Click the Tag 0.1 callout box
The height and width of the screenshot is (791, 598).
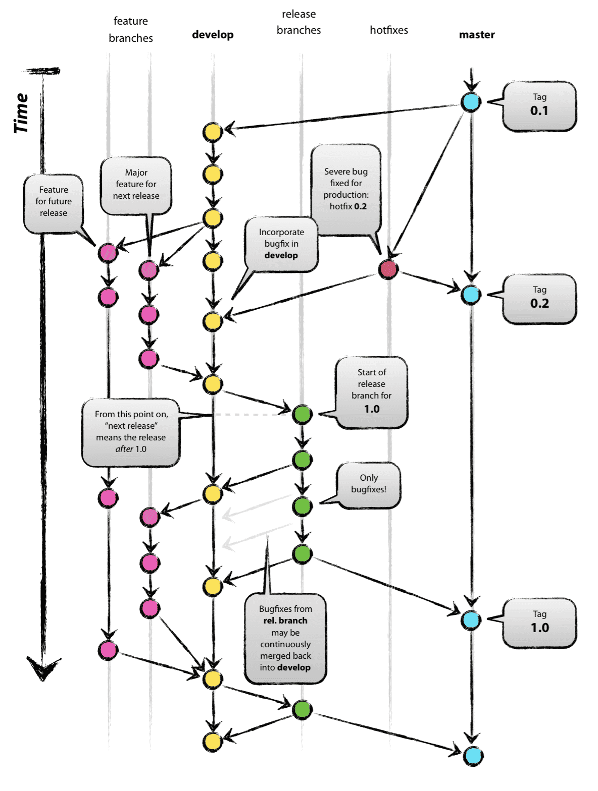(x=539, y=106)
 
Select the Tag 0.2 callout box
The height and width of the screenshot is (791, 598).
(x=539, y=299)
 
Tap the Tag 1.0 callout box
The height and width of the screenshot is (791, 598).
(x=539, y=623)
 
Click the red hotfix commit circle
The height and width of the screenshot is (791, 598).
(x=388, y=269)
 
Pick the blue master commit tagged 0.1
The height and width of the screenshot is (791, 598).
(x=471, y=102)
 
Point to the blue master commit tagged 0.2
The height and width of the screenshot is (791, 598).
(x=471, y=295)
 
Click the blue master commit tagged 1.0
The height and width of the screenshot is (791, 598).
(x=471, y=620)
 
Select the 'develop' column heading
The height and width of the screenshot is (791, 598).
(x=213, y=35)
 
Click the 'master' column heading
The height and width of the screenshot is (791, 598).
(x=476, y=35)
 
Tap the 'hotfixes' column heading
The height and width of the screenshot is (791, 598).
(x=388, y=30)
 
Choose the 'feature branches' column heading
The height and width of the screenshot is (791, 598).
(x=130, y=29)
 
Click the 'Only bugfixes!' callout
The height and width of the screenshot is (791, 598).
(x=369, y=484)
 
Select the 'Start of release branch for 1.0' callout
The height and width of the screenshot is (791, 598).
(x=371, y=391)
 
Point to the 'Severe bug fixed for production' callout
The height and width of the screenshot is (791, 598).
(x=346, y=189)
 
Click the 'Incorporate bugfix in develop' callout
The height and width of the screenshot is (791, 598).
(x=281, y=244)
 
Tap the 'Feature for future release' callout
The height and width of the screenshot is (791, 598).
(x=54, y=202)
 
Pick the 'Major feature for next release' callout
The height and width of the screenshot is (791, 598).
(x=136, y=185)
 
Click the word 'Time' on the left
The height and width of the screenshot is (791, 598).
(x=21, y=113)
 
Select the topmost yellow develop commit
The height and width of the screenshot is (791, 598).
(x=213, y=132)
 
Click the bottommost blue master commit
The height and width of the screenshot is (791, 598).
(x=473, y=756)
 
